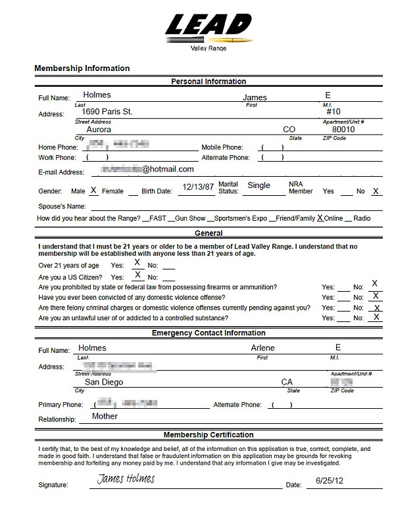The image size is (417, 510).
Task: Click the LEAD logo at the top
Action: [x=208, y=26]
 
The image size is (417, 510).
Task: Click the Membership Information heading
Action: [x=82, y=68]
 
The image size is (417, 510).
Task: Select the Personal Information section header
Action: [x=208, y=81]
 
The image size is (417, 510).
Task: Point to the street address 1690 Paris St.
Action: [x=102, y=112]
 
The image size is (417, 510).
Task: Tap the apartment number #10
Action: [x=333, y=112]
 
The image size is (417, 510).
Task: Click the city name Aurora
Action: [x=99, y=130]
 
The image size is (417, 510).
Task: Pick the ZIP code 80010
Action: [x=343, y=130]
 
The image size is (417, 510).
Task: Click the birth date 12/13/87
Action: [x=198, y=187]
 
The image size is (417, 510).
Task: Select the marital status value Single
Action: [x=258, y=186]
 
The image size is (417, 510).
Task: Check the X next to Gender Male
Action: [x=93, y=191]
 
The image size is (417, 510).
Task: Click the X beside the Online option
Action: [x=320, y=218]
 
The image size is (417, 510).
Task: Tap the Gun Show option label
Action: [x=191, y=218]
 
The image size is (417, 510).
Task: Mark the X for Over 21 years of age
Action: [x=137, y=263]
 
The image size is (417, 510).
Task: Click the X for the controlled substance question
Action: [x=376, y=317]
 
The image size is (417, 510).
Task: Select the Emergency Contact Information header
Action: [x=208, y=333]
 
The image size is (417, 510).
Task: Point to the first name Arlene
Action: [x=262, y=348]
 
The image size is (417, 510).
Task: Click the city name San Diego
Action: [x=103, y=382]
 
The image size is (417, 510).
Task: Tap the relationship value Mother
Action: [x=105, y=416]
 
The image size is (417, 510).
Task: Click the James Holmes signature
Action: [x=126, y=479]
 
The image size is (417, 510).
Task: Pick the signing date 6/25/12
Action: [x=330, y=480]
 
